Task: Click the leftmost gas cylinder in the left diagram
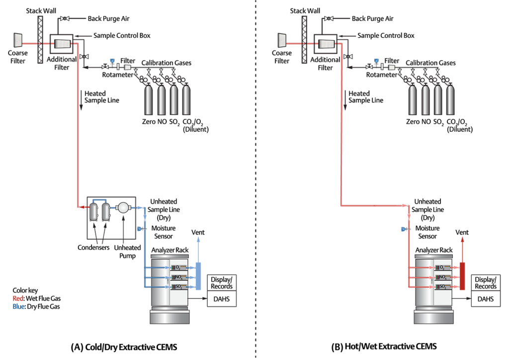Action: pos(148,100)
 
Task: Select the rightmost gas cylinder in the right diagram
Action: pos(450,100)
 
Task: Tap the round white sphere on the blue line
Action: pos(123,208)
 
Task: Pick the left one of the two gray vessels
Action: pos(93,211)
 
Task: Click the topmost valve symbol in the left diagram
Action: pos(65,18)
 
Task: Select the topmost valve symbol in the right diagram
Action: pos(329,18)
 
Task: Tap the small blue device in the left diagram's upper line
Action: pos(115,63)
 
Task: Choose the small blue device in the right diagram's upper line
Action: pos(379,63)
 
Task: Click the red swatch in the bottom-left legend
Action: pos(18,299)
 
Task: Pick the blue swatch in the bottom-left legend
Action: pos(18,314)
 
